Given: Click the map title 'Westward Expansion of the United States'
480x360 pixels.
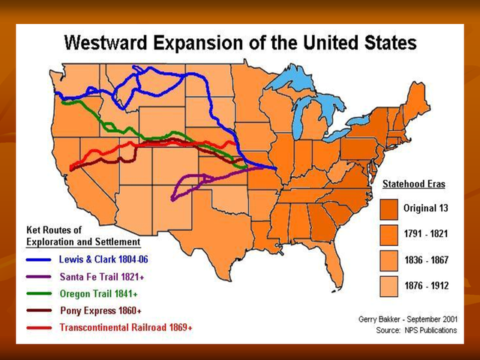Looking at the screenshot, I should [239, 43].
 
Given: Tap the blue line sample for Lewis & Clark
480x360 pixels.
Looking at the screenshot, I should [39, 259].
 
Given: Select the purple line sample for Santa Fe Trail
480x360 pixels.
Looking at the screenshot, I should [39, 277].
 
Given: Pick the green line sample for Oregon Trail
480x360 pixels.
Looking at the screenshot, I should [39, 294].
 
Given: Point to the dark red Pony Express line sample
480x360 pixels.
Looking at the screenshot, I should [39, 310].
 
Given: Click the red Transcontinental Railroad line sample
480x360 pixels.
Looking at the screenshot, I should [39, 328].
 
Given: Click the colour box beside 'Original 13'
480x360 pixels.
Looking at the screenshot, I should [389, 208].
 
